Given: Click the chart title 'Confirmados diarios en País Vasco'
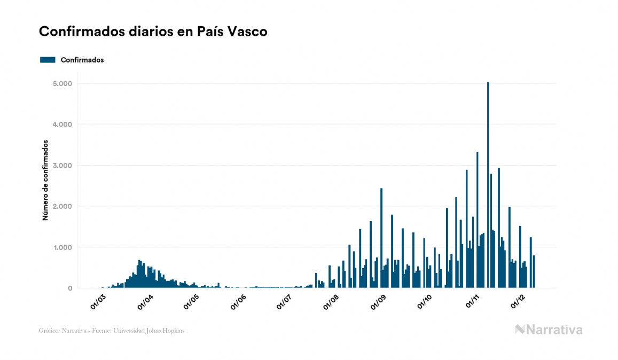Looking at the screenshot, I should [153, 32].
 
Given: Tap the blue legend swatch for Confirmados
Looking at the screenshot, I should [48, 60].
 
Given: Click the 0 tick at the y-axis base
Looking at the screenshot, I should [69, 288].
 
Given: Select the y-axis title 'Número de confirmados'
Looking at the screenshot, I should [46, 181].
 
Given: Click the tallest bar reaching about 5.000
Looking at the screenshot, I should [488, 185].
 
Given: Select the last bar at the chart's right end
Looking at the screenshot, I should [534, 272].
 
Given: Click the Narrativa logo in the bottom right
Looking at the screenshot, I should [548, 330].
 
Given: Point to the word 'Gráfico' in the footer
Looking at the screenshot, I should [49, 331].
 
